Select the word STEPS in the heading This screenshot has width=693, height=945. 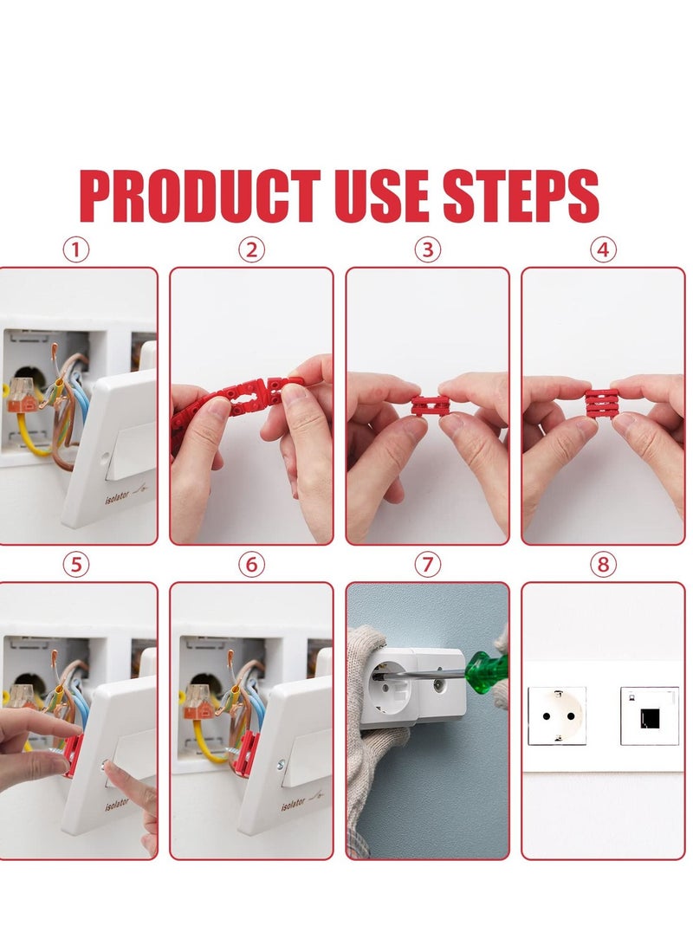tap(521, 197)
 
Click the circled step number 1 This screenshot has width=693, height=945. tap(76, 250)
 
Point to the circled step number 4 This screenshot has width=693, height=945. tap(603, 250)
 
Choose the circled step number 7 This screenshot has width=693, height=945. tap(426, 565)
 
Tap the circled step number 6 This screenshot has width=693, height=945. tap(251, 565)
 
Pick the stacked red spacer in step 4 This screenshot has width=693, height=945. tap(603, 405)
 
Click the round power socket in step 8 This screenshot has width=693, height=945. tap(557, 715)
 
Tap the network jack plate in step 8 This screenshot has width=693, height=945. tap(649, 715)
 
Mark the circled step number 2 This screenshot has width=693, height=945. tap(251, 250)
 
